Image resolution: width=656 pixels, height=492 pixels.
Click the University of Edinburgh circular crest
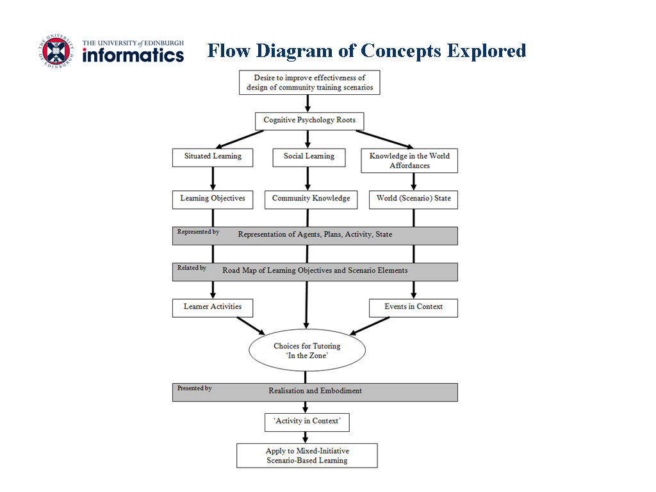(x=56, y=51)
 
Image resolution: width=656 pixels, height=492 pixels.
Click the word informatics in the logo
(x=133, y=55)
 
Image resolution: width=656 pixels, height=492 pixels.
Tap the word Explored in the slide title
(x=486, y=51)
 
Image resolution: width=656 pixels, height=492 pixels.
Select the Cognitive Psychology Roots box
(x=309, y=121)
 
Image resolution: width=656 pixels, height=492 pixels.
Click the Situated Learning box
(x=213, y=158)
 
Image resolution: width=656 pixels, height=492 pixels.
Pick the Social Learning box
(x=309, y=158)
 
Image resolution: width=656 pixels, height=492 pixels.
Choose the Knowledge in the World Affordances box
(x=409, y=161)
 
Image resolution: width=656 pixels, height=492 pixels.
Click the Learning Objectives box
(x=213, y=200)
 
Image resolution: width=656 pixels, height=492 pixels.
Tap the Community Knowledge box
(x=311, y=200)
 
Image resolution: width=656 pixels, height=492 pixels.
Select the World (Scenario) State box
(x=413, y=200)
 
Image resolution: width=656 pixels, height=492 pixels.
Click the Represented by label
(x=199, y=232)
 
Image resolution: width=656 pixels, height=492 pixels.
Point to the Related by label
(x=192, y=268)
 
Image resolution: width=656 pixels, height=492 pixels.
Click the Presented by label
(x=195, y=388)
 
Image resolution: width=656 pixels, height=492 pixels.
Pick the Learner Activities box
(x=213, y=308)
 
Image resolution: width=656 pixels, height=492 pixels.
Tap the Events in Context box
(x=413, y=308)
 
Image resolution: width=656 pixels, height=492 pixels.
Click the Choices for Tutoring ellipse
(x=307, y=350)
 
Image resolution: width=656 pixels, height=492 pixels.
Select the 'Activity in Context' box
(x=307, y=423)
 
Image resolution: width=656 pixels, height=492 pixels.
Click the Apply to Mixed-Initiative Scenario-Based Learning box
(x=307, y=455)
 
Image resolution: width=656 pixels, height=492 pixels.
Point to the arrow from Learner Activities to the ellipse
(x=251, y=326)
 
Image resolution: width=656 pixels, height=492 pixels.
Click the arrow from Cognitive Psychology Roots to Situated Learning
(x=240, y=140)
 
